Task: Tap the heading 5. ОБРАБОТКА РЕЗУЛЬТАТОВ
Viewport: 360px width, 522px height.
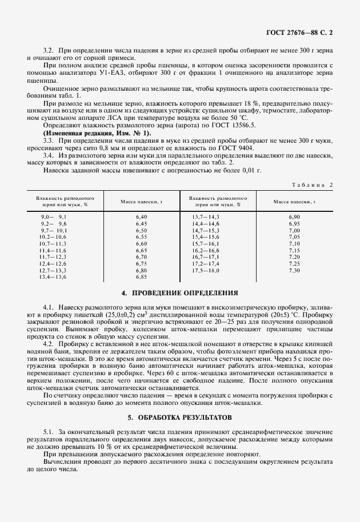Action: click(179, 417)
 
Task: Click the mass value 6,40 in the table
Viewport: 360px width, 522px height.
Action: click(141, 218)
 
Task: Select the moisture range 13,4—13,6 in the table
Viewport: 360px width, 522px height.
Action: click(53, 277)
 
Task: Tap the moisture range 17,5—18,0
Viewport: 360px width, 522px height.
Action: click(206, 270)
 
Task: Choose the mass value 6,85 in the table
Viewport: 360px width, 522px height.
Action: click(141, 277)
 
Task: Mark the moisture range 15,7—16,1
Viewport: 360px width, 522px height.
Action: click(206, 244)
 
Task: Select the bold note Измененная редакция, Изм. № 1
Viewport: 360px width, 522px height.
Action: click(90, 132)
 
